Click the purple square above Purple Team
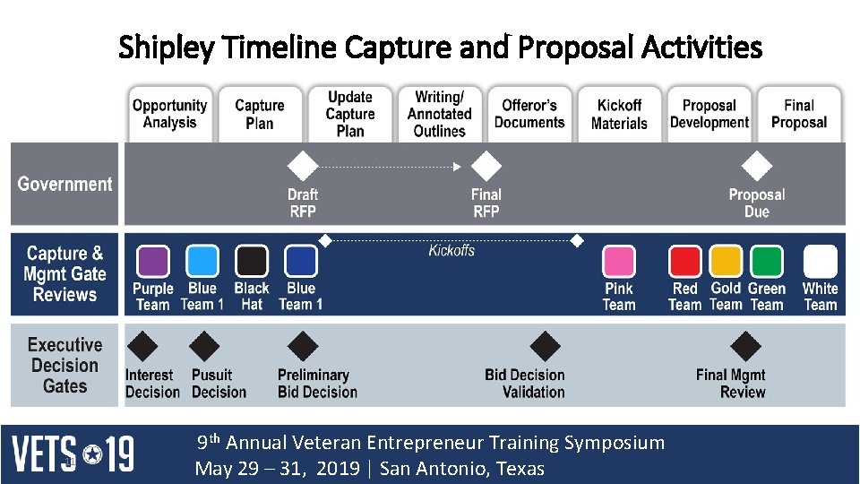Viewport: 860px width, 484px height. tap(152, 262)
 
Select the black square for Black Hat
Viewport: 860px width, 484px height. tap(252, 262)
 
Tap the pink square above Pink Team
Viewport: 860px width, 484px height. tap(618, 262)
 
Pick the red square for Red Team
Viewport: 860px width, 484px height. tap(685, 262)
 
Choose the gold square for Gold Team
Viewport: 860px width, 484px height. tap(726, 262)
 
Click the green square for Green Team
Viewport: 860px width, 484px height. tap(766, 262)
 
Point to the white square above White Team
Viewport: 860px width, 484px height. tap(820, 262)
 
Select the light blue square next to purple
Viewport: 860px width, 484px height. tap(202, 262)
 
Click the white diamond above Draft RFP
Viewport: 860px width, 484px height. tap(302, 166)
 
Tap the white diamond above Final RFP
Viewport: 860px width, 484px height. tap(486, 166)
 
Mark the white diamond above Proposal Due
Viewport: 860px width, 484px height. tap(757, 166)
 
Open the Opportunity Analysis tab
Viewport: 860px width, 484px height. tap(169, 114)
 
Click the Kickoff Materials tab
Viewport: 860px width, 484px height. tap(619, 114)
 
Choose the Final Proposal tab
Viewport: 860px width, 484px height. tap(799, 114)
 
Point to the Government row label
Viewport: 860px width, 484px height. tap(64, 184)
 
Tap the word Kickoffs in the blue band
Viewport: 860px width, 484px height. tap(451, 251)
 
